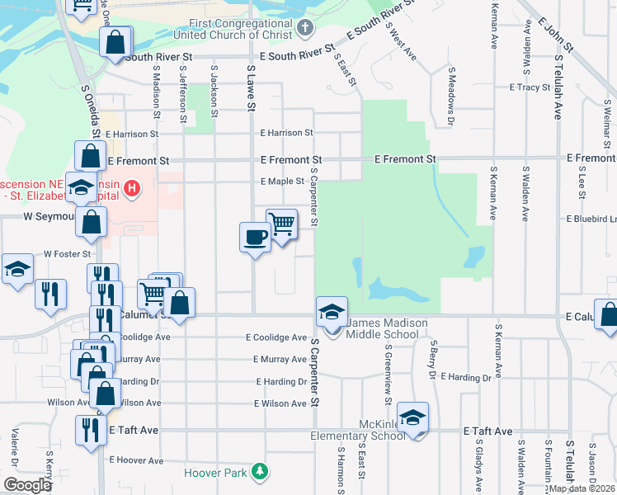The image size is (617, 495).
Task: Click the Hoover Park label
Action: click(x=217, y=473)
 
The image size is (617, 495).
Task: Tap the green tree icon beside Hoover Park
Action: click(x=261, y=472)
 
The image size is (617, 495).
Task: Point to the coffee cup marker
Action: click(x=255, y=238)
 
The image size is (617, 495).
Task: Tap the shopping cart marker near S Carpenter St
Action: click(x=282, y=224)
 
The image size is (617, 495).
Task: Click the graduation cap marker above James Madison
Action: click(x=332, y=312)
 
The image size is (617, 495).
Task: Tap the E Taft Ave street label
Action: click(x=488, y=431)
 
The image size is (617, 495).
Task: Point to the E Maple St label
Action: click(x=282, y=181)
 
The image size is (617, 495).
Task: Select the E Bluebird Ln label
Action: click(x=591, y=219)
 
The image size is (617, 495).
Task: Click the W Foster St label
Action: click(x=65, y=255)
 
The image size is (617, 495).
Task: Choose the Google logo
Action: click(x=27, y=485)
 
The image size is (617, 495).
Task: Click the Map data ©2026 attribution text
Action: click(x=582, y=488)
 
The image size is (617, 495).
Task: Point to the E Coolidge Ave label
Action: click(x=276, y=337)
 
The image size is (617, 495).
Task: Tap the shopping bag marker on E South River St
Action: click(x=116, y=41)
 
